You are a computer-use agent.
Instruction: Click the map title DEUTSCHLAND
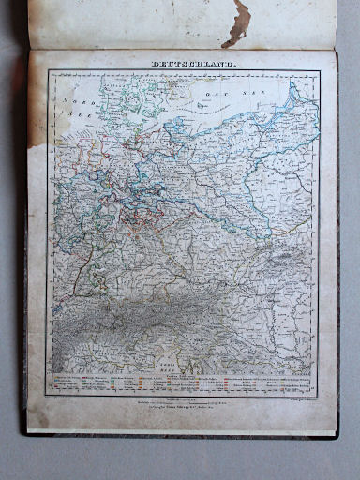click(x=181, y=64)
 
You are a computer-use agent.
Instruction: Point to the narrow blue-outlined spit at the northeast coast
click(x=294, y=94)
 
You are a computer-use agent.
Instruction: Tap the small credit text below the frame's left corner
click(x=70, y=397)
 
